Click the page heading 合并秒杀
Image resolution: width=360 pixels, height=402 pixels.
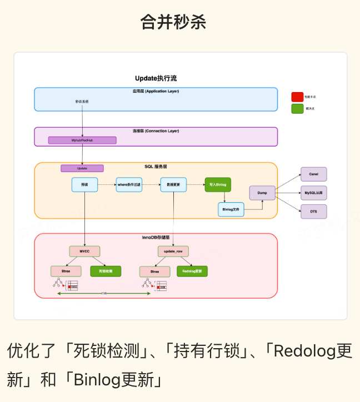point(173,22)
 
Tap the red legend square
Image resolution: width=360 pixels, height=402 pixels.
point(297,97)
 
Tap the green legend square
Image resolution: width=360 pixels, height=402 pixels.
point(297,109)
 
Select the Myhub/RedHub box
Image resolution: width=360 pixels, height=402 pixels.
point(82,140)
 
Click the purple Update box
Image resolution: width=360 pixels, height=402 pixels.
point(82,168)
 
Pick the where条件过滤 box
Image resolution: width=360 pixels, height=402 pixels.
point(129,184)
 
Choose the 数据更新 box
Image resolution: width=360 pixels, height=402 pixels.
point(173,184)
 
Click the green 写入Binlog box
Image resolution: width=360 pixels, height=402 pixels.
point(217,184)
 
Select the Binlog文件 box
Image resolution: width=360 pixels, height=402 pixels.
point(231,209)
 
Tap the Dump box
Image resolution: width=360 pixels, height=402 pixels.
point(262,193)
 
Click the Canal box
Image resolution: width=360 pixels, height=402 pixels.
point(313,174)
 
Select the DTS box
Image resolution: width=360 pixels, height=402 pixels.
point(313,212)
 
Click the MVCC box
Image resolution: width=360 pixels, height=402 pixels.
point(84,252)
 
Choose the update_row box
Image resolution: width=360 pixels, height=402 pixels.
point(173,252)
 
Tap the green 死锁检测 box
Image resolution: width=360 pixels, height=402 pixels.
point(106,272)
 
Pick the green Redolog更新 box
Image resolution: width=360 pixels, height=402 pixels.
point(192,272)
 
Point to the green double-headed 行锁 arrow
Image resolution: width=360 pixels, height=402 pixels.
point(104,294)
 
